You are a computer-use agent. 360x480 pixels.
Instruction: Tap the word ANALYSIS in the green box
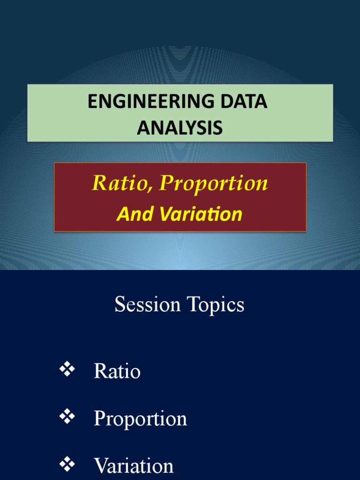(180, 127)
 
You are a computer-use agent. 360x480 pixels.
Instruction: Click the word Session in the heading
(148, 305)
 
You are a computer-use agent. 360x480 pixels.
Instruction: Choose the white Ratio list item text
(117, 372)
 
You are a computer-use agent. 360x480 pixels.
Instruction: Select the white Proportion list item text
(140, 419)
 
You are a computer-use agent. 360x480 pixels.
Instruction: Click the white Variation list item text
(134, 466)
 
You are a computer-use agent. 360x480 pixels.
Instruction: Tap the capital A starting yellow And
(122, 215)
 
